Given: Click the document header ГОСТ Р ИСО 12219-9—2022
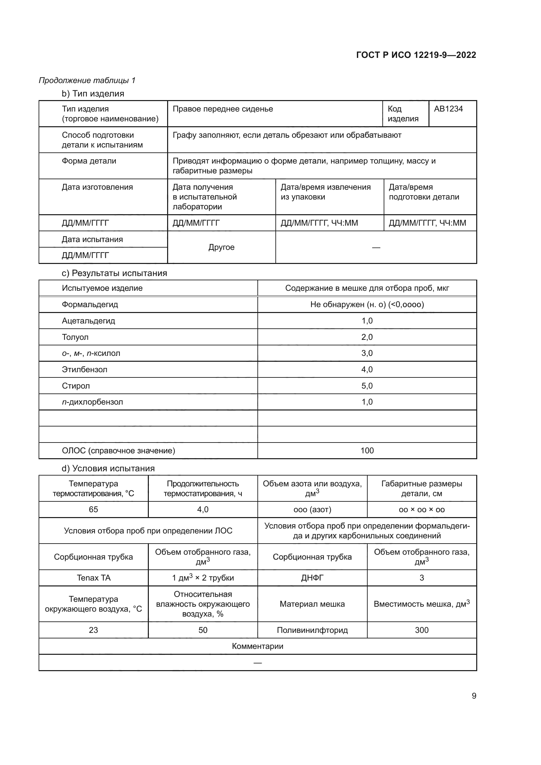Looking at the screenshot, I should pyautogui.click(x=416, y=55).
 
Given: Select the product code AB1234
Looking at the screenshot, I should pyautogui.click(x=448, y=109).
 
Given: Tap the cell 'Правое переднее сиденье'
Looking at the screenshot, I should pyautogui.click(x=222, y=109).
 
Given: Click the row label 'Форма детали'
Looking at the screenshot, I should pyautogui.click(x=89, y=161).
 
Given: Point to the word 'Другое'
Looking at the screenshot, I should pyautogui.click(x=221, y=247).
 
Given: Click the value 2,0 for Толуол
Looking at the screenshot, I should pyautogui.click(x=367, y=337).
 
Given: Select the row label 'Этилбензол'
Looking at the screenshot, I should pyautogui.click(x=85, y=370).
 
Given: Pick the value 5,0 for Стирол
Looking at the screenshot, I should pyautogui.click(x=367, y=386).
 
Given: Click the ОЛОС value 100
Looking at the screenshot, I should pyautogui.click(x=367, y=451).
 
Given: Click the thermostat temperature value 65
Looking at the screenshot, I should pyautogui.click(x=93, y=510).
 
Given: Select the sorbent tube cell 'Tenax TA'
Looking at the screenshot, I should pyautogui.click(x=93, y=578).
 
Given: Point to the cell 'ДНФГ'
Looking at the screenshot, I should pyautogui.click(x=312, y=578).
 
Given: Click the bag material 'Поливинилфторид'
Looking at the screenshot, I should pyautogui.click(x=312, y=630).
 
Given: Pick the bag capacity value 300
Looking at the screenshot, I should pyautogui.click(x=421, y=630).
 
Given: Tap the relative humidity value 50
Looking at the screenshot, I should pyautogui.click(x=202, y=630).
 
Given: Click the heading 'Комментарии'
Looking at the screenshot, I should pyautogui.click(x=257, y=646).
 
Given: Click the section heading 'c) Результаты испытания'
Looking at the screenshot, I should pyautogui.click(x=114, y=273).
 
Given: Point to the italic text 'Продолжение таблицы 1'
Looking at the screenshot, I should pyautogui.click(x=87, y=80).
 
